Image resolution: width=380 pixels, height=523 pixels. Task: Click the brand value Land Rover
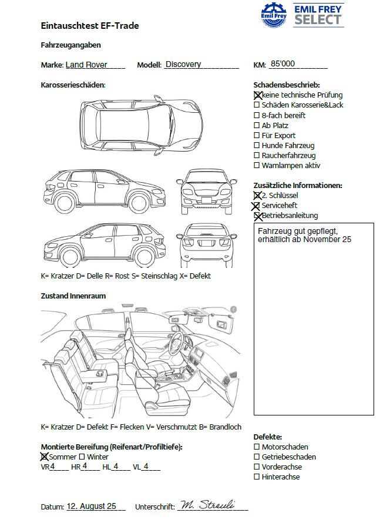pos(86,65)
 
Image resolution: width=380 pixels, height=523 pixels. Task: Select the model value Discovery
pos(183,65)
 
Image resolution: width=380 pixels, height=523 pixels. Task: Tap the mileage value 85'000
pos(282,65)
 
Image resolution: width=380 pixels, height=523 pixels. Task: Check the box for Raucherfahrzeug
pos(257,156)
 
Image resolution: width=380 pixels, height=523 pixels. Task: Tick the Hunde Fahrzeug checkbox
pos(257,146)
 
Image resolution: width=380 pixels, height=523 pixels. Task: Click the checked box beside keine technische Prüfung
pos(257,95)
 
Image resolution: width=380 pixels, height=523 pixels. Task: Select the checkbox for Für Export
pos(257,136)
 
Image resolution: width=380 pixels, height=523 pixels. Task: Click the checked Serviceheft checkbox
pos(256,206)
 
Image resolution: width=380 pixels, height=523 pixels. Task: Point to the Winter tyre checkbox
pos(82,457)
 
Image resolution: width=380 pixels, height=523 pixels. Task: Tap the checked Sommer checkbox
pos(44,457)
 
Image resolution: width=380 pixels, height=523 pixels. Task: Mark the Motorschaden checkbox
pos(257,447)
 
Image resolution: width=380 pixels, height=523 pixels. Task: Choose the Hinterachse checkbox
pos(257,477)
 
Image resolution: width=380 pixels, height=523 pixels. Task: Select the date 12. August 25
pos(92,506)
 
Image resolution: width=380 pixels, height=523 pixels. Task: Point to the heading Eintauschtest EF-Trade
pos(90,26)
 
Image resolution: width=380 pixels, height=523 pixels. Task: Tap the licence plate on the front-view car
pos(207,199)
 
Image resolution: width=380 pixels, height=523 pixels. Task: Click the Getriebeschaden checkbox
pos(257,457)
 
